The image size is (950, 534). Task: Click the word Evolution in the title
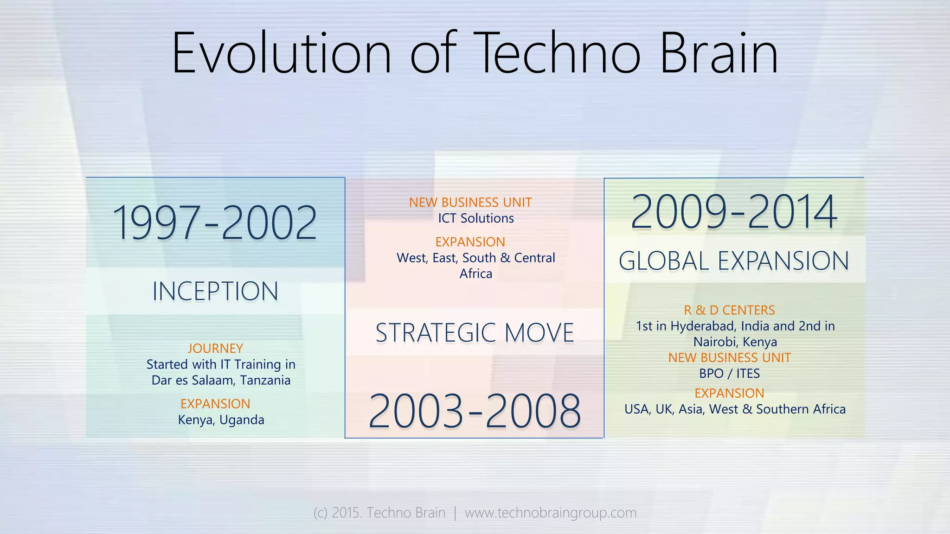(x=282, y=53)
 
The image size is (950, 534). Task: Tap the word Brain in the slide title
(x=719, y=53)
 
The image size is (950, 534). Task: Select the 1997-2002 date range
(x=215, y=223)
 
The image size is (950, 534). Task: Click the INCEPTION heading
(x=215, y=292)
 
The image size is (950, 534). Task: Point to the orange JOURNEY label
(x=215, y=348)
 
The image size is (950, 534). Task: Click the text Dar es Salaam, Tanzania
(x=221, y=380)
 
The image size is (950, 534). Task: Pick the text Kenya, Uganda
(x=221, y=420)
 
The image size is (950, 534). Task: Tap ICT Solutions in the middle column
(x=476, y=218)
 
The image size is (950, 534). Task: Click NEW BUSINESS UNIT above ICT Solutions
(x=470, y=203)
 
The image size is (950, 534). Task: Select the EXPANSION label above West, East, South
(x=470, y=242)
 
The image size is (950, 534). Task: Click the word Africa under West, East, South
(x=476, y=273)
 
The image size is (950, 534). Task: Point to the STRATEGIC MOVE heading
(x=475, y=333)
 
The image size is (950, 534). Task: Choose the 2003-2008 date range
(x=475, y=411)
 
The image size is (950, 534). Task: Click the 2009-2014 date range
(x=734, y=212)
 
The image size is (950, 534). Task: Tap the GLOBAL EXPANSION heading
(x=734, y=261)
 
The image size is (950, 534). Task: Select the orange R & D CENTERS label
(x=729, y=310)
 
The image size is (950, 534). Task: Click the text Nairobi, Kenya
(x=735, y=342)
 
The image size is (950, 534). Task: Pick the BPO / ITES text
(x=729, y=374)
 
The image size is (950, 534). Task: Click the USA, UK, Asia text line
(x=735, y=409)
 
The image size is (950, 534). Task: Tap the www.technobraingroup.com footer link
(x=551, y=513)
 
